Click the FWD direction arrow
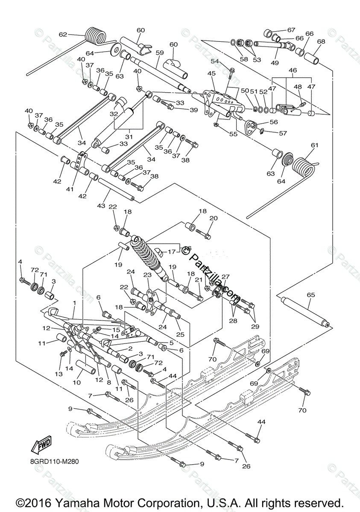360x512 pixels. point(41,446)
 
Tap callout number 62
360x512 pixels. point(63,35)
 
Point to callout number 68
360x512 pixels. point(321,42)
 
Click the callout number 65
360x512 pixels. point(310,295)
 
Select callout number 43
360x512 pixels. point(101,206)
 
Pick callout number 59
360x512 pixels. point(160,53)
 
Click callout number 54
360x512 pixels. point(214,61)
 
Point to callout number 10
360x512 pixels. point(77,382)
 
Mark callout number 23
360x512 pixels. point(147,275)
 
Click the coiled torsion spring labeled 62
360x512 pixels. point(95,35)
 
